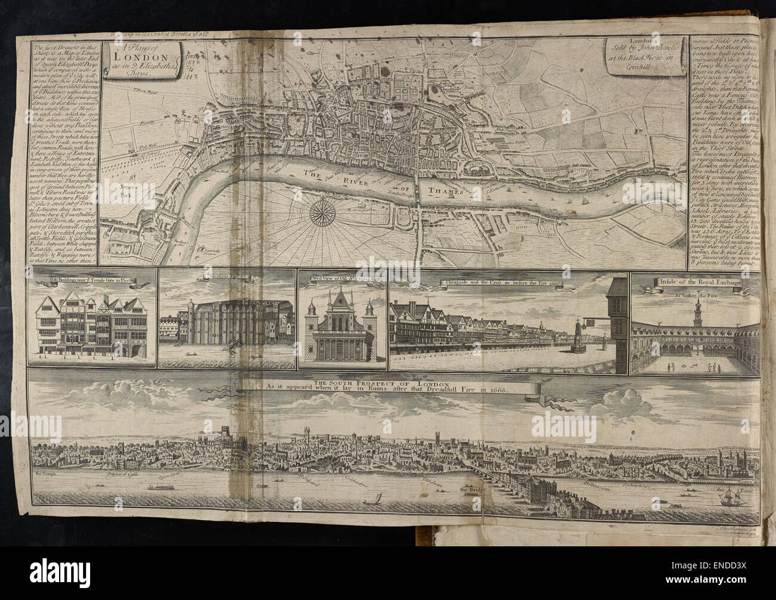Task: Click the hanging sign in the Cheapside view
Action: pyautogui.click(x=593, y=324)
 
